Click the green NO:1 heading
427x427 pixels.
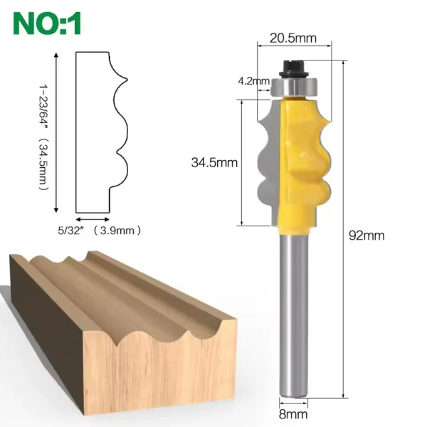47,23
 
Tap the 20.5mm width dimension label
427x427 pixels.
293,38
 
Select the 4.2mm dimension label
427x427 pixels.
254,81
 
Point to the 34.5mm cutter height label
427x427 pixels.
214,162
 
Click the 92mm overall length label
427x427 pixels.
367,236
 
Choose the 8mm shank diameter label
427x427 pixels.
293,414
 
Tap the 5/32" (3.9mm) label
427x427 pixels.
100,231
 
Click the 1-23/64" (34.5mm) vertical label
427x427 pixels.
43,137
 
